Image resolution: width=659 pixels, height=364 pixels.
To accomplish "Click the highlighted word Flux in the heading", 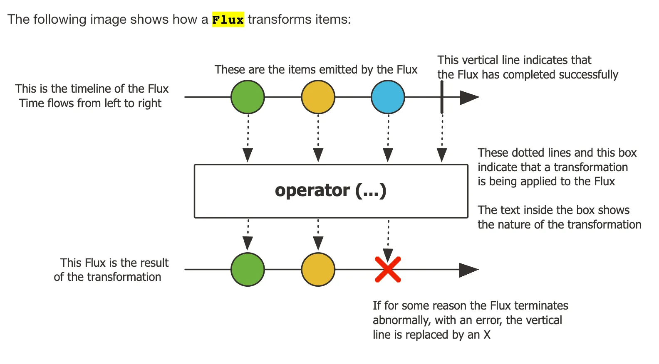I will click(228, 20).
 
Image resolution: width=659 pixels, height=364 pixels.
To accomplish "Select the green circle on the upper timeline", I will click(248, 97).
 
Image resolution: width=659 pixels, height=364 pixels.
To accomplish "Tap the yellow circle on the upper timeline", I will click(318, 97).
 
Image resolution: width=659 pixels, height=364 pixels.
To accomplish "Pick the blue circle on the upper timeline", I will click(388, 97).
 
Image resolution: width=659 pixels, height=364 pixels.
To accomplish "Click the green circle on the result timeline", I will click(248, 270).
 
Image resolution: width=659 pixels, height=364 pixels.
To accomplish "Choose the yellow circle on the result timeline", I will click(318, 270).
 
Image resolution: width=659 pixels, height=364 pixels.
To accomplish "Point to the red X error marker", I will click(388, 270).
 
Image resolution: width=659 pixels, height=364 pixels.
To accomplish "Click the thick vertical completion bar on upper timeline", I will click(442, 97).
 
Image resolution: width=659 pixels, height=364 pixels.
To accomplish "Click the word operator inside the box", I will click(312, 190).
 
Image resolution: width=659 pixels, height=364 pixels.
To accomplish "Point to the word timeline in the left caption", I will click(91, 89).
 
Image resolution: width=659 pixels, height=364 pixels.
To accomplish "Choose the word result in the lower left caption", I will click(153, 263).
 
